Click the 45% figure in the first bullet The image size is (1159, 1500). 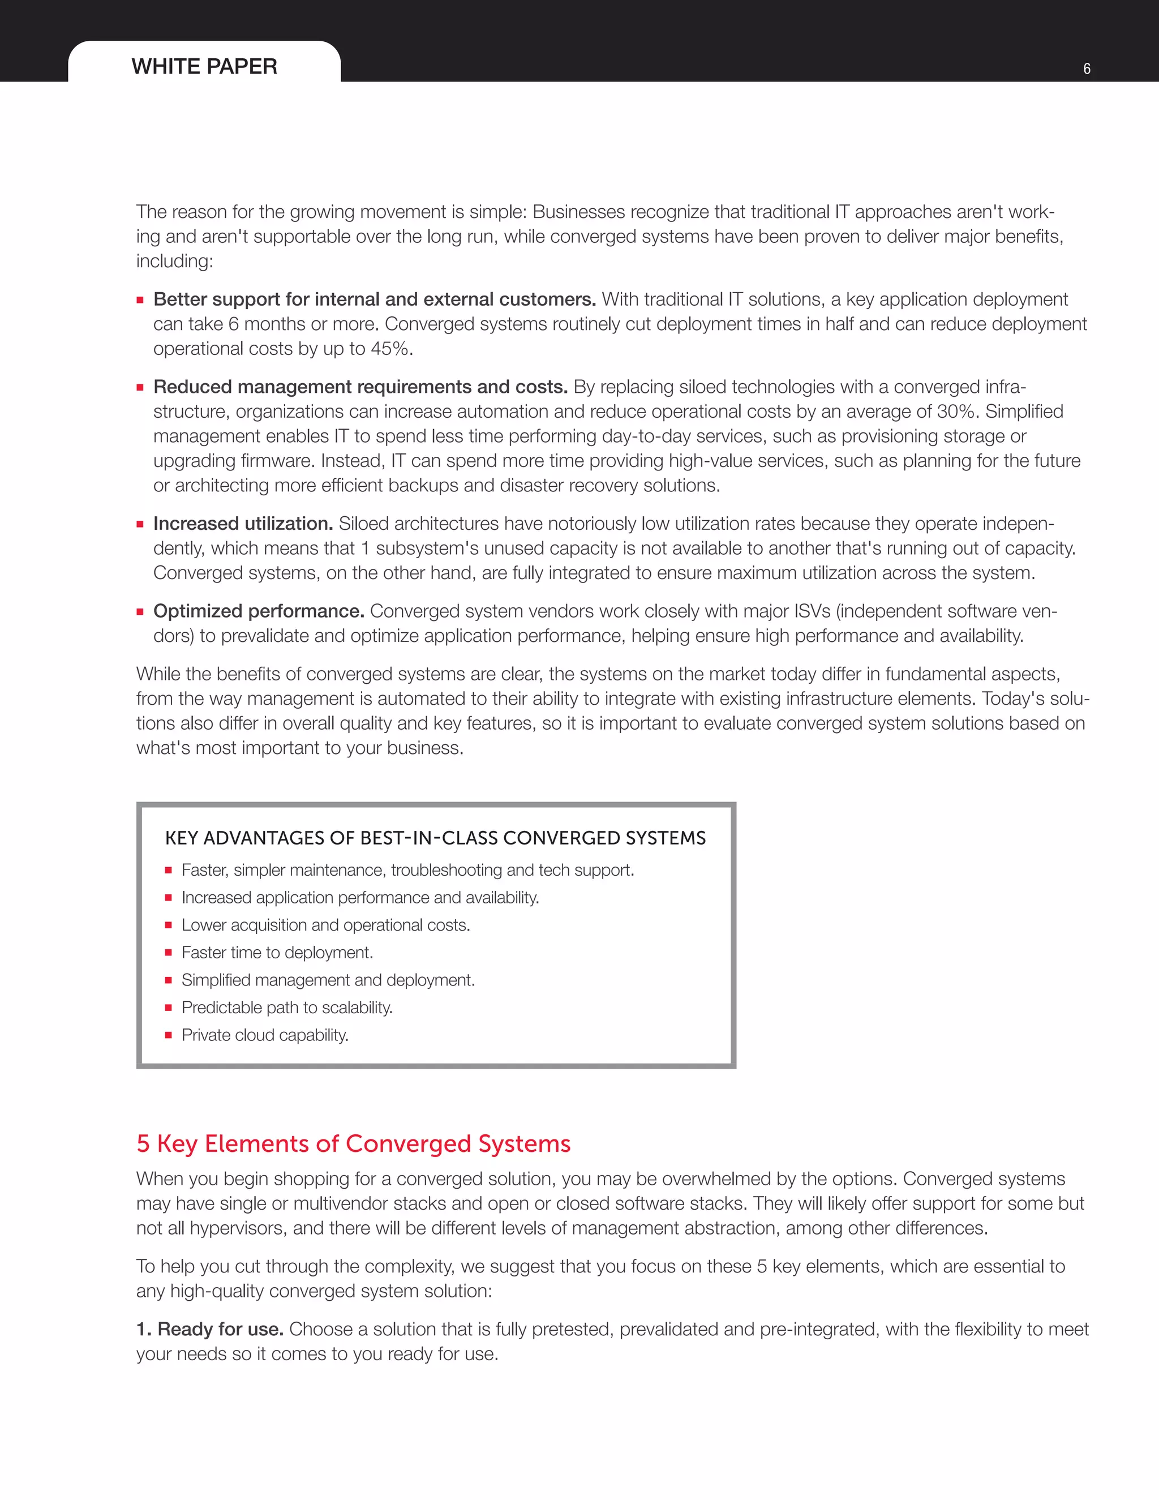pos(390,349)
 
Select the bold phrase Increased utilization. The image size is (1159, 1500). pos(243,524)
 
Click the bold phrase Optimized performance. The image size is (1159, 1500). pos(259,611)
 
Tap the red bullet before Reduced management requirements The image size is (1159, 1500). pos(140,387)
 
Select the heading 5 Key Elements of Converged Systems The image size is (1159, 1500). pos(353,1143)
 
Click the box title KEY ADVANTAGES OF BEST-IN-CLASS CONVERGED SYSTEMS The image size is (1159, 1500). pos(435,838)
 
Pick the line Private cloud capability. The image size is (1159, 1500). pos(265,1035)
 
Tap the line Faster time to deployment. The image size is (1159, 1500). pos(277,953)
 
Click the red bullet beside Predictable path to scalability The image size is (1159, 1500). pos(168,1008)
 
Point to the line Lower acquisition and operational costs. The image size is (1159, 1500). pos(325,925)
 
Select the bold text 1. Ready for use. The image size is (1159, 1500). pos(210,1329)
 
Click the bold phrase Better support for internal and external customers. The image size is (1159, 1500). pos(374,299)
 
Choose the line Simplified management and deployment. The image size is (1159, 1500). pos(328,980)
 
